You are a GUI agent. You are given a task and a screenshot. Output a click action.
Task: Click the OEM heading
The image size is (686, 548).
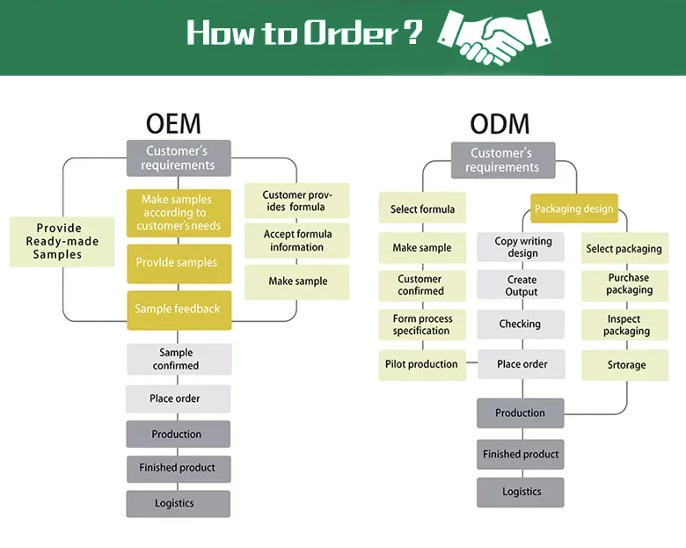[x=173, y=122]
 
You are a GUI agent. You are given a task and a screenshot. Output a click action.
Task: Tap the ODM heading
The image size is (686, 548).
[x=500, y=123]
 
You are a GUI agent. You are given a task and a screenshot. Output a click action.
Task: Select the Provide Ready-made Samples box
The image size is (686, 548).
[x=62, y=242]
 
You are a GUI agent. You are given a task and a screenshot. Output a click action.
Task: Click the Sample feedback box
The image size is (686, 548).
[x=179, y=310]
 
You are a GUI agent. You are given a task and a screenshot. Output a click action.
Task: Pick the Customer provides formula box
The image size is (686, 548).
[x=296, y=201]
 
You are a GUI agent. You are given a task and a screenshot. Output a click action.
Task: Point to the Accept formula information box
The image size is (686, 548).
[x=297, y=241]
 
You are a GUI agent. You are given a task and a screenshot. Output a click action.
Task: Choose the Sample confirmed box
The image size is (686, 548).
[x=179, y=359]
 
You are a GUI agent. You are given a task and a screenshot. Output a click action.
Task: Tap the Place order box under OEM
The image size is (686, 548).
[x=178, y=398]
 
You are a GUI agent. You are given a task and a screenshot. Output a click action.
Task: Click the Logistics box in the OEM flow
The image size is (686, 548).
[x=178, y=503]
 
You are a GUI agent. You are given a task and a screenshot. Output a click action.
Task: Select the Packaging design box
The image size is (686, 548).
[x=574, y=210]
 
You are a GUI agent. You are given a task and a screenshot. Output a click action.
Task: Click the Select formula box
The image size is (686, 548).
[x=422, y=209]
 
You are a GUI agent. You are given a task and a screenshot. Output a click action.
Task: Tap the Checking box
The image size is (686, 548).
[x=521, y=324]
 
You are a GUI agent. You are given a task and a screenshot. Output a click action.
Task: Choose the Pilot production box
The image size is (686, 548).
[x=422, y=364]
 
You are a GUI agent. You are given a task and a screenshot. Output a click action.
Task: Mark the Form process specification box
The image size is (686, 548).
[x=422, y=325]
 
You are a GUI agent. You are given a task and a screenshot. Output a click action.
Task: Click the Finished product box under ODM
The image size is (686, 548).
[x=521, y=454]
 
